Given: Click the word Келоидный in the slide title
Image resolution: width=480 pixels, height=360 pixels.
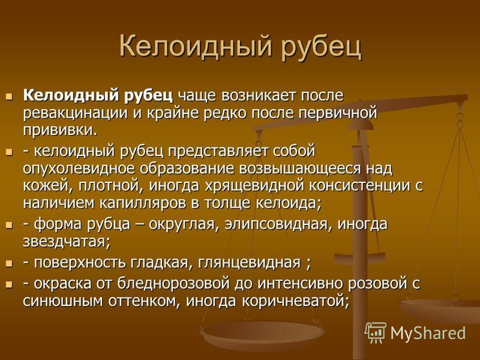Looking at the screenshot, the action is click(x=196, y=47).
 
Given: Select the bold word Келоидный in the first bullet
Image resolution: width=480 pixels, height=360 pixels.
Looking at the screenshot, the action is click(x=71, y=95).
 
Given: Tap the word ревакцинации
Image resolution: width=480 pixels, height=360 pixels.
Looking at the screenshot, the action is click(x=75, y=113).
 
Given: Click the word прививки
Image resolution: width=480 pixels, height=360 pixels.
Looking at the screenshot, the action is click(x=60, y=131).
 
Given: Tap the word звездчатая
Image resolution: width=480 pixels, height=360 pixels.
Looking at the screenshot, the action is click(x=67, y=242).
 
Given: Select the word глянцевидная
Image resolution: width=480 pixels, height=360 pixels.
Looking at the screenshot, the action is click(x=249, y=263).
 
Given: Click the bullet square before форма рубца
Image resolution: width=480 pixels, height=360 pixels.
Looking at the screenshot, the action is click(x=10, y=226).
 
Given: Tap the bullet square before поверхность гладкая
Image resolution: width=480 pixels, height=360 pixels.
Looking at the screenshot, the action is click(x=10, y=263).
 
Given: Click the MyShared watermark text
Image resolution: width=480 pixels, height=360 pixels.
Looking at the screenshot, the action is click(x=428, y=333).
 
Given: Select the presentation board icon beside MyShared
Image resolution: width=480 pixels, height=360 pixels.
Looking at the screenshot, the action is click(x=376, y=332).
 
